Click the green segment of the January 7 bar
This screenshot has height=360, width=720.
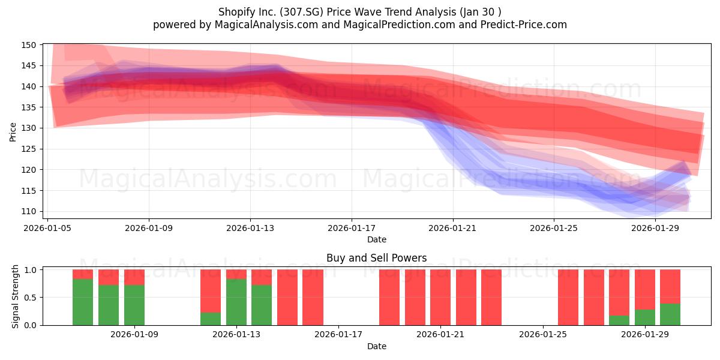coord(83,302)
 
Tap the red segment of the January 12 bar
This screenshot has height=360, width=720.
coord(211,291)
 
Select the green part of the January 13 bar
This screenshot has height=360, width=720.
coord(236,302)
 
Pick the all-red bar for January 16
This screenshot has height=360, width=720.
coord(313,298)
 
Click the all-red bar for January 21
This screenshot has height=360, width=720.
coord(440,298)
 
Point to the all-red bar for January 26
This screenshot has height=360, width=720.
coord(568,298)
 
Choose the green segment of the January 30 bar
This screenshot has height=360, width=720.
coord(670,314)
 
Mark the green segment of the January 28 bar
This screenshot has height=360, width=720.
coord(619,320)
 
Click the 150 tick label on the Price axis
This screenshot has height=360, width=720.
coord(29,45)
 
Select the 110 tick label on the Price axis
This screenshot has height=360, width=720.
coord(29,211)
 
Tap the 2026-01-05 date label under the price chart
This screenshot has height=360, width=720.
coord(47,228)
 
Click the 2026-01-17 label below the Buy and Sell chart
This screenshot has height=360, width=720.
coord(338,335)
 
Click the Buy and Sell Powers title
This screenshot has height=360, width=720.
coord(376,258)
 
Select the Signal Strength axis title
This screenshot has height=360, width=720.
coord(15,296)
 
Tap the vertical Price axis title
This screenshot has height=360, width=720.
coord(13,132)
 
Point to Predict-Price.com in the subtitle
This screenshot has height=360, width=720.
coord(524,25)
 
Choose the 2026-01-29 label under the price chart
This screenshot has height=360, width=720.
coord(655,228)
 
